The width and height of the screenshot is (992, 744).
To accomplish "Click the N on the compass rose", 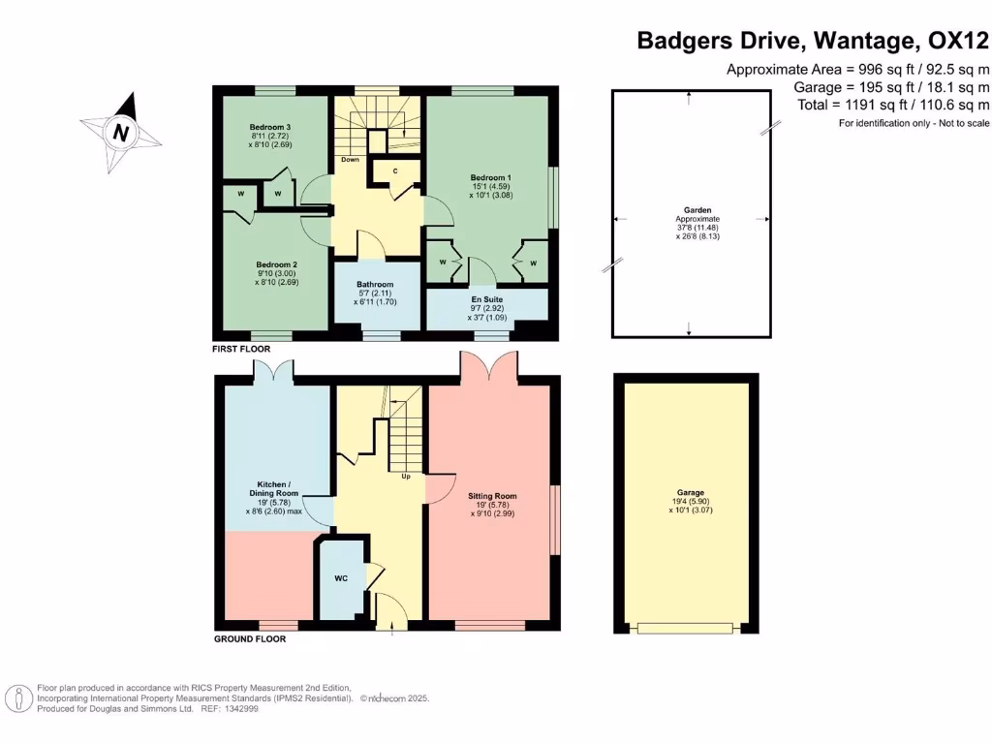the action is tap(121, 133).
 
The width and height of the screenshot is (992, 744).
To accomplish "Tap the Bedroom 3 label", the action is tap(270, 127).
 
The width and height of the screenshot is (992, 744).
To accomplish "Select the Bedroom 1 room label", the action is tap(491, 178).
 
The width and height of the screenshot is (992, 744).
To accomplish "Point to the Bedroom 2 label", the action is tap(276, 265).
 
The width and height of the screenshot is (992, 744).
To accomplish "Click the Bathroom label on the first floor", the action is tap(375, 285).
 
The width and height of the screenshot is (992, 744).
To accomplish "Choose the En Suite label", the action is tap(487, 300).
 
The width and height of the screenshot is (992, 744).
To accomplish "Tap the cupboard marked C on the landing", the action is tap(395, 171).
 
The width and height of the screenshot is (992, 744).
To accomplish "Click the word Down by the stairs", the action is tap(351, 160).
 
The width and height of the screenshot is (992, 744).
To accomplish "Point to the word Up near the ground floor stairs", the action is tap(406, 477).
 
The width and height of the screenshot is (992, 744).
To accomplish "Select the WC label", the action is tap(341, 578).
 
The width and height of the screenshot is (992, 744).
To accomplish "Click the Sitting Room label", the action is tap(492, 497).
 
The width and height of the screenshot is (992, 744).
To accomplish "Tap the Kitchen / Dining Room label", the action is tap(274, 489).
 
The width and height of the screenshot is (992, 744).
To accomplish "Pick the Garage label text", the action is tap(690, 493).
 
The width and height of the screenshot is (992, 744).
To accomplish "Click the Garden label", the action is tap(697, 210).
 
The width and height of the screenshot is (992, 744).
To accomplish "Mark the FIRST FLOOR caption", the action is tap(241, 349).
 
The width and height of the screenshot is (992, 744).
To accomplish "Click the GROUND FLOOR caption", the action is tap(250, 639).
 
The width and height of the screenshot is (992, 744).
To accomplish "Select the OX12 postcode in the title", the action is tap(958, 41).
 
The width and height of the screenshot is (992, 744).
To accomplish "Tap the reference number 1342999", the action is tap(241, 709).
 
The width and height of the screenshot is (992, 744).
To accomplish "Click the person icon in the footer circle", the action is tap(19, 699).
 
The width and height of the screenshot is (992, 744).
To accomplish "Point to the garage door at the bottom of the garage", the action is tap(685, 628).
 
